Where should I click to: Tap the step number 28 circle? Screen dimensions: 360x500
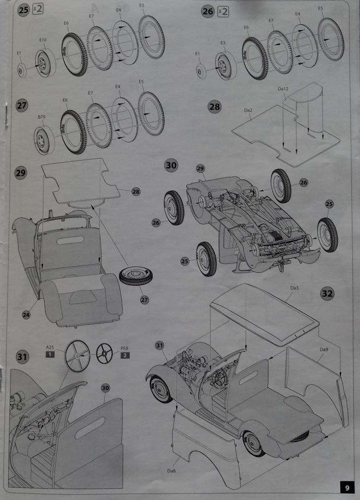pyautogui.click(x=215, y=107)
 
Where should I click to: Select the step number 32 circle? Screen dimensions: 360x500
pyautogui.click(x=327, y=293)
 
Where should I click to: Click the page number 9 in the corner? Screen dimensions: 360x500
pyautogui.click(x=347, y=488)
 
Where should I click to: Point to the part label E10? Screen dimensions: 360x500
pyautogui.click(x=43, y=40)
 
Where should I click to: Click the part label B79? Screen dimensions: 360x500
pyautogui.click(x=41, y=117)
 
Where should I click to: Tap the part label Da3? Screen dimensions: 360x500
pyautogui.click(x=294, y=288)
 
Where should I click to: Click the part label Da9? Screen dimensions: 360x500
pyautogui.click(x=324, y=349)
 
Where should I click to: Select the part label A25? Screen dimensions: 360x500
pyautogui.click(x=50, y=347)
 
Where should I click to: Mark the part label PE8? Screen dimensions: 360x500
pyautogui.click(x=125, y=347)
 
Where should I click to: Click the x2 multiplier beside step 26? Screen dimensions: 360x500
pyautogui.click(x=223, y=12)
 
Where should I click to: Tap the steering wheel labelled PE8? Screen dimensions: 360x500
pyautogui.click(x=104, y=353)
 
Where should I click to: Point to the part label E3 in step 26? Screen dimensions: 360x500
pyautogui.click(x=223, y=44)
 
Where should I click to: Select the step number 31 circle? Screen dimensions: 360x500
pyautogui.click(x=22, y=357)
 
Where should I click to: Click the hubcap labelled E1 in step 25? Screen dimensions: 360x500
pyautogui.click(x=21, y=70)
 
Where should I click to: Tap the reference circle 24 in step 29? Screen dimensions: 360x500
pyautogui.click(x=26, y=315)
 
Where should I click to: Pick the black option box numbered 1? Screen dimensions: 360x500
pyautogui.click(x=50, y=355)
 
